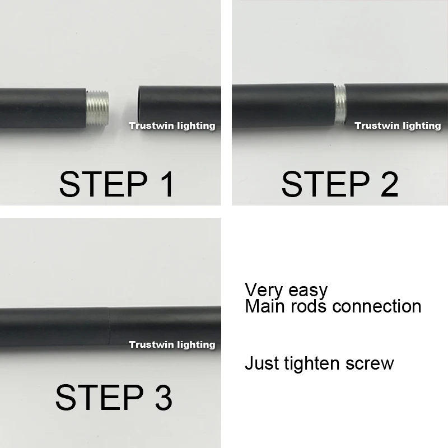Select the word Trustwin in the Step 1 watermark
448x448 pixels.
click(x=150, y=126)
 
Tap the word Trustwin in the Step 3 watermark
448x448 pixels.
click(x=150, y=344)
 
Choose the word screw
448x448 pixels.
click(x=372, y=364)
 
